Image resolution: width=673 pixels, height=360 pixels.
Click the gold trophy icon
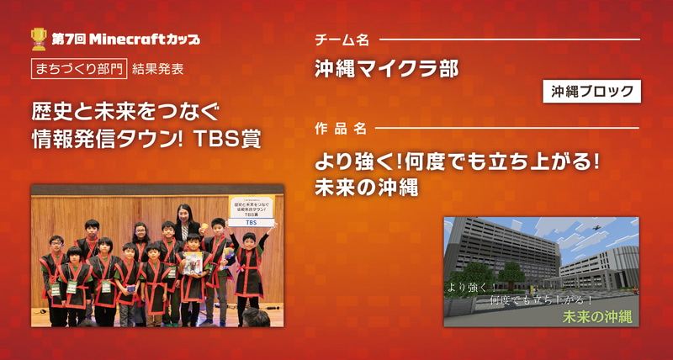39,37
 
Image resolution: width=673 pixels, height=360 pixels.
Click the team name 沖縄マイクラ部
386,69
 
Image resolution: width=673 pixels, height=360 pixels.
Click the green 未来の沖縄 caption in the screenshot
598,316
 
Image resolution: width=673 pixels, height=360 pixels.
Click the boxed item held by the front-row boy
192,264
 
